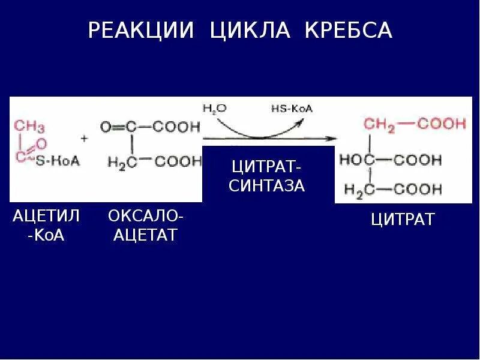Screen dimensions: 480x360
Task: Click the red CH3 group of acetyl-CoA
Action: coord(29,126)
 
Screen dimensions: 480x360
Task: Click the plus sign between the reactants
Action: coord(84,138)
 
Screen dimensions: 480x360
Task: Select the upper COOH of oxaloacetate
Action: coord(176,127)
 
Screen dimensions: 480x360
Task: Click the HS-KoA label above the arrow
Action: coord(292,109)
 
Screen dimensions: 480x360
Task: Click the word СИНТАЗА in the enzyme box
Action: coord(268,185)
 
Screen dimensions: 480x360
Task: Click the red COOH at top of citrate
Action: coord(442,124)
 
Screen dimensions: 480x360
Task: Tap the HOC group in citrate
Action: coord(358,160)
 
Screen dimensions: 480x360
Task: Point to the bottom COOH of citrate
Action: coord(418,190)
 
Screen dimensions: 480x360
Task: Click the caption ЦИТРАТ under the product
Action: coord(402,220)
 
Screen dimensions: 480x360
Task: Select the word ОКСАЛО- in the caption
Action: coord(146,215)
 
